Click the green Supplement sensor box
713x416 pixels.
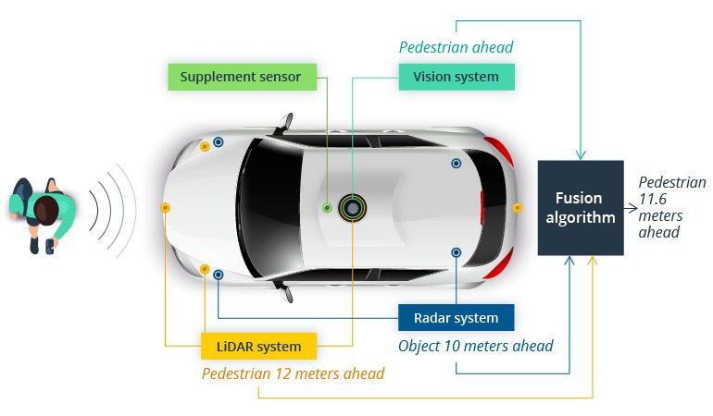click(242, 77)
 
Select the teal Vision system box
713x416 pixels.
click(457, 77)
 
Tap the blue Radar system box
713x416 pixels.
click(457, 317)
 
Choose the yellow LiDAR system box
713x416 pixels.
click(258, 346)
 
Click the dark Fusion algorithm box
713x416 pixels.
click(581, 208)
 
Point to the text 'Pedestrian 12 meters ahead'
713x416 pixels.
click(294, 373)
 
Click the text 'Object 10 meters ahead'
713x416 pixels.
click(476, 346)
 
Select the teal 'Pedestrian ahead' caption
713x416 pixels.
click(457, 47)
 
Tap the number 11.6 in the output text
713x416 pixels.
click(653, 199)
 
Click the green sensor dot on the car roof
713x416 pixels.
click(327, 208)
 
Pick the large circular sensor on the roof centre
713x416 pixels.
click(352, 208)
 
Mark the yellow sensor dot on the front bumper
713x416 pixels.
click(165, 208)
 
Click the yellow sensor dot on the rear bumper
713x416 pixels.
click(517, 208)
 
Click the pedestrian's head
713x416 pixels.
click(46, 210)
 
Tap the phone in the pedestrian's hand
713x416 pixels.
click(50, 247)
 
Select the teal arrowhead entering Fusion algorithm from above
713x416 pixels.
click(581, 155)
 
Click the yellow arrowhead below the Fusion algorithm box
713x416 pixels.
click(593, 261)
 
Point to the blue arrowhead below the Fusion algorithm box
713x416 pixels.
click(569, 261)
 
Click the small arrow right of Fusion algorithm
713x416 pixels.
click(631, 208)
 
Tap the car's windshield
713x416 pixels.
click(269, 208)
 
